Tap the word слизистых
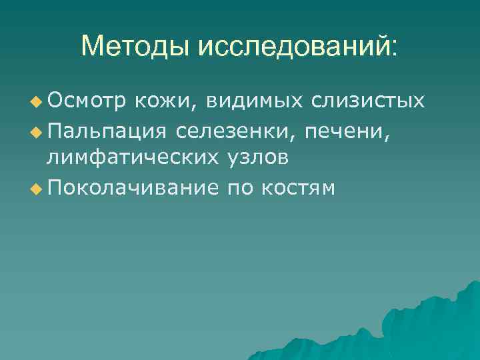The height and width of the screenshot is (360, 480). point(371,101)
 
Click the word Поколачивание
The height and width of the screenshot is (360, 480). point(133,189)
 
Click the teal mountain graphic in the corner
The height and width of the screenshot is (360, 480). point(427,327)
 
